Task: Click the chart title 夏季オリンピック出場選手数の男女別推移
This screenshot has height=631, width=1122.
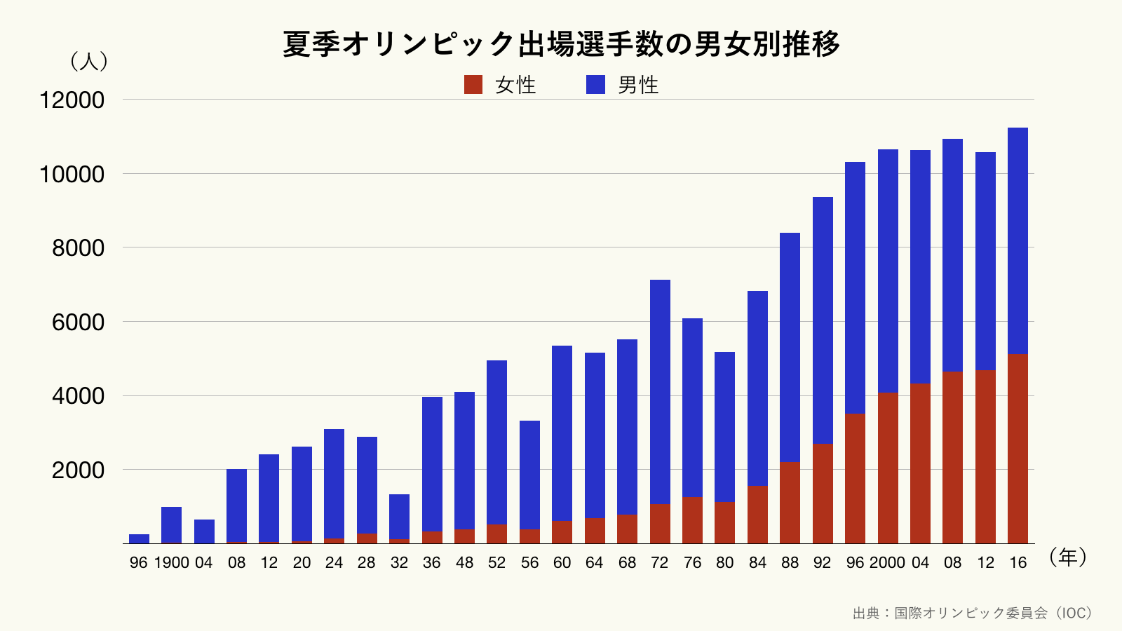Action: pos(561,44)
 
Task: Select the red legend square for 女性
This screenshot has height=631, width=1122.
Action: pos(473,85)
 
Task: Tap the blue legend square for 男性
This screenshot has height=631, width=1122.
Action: pos(595,85)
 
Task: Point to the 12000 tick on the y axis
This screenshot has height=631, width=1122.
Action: pos(72,100)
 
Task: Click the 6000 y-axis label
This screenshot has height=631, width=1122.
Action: pos(78,323)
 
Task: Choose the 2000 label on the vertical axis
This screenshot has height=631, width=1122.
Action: pos(78,470)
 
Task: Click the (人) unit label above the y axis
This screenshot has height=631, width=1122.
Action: pos(89,62)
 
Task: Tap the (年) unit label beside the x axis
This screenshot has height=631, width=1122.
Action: pos(1068,557)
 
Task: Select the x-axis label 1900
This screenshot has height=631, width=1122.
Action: pos(172,562)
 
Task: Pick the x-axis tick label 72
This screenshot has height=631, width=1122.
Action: pos(660,562)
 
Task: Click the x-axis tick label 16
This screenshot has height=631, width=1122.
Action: pos(1018,562)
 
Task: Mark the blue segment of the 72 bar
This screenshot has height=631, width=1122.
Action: pos(660,393)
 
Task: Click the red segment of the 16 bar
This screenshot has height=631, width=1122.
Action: pos(1018,449)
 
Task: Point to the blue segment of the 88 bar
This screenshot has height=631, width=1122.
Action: pos(790,347)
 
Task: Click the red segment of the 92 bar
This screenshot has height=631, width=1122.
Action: pos(823,494)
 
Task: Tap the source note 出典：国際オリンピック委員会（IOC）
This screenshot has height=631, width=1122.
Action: pos(972,613)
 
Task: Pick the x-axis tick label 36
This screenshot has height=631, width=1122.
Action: pos(432,562)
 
